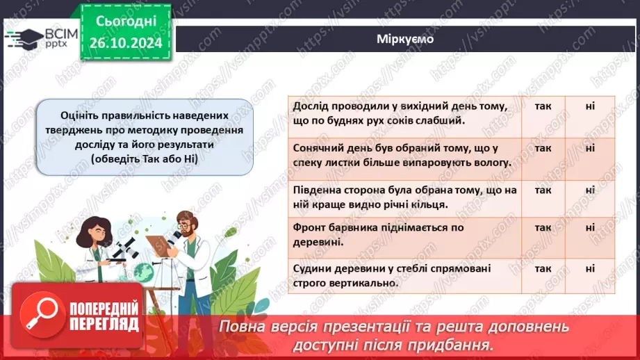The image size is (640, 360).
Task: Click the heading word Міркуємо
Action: [405, 39]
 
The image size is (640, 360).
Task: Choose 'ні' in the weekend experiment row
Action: [590, 106]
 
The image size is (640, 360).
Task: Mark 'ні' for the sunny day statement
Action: [590, 148]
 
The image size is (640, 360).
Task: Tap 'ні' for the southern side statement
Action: [590, 189]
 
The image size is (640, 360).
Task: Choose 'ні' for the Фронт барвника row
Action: [590, 227]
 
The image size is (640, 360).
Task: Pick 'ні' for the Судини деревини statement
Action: [590, 268]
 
